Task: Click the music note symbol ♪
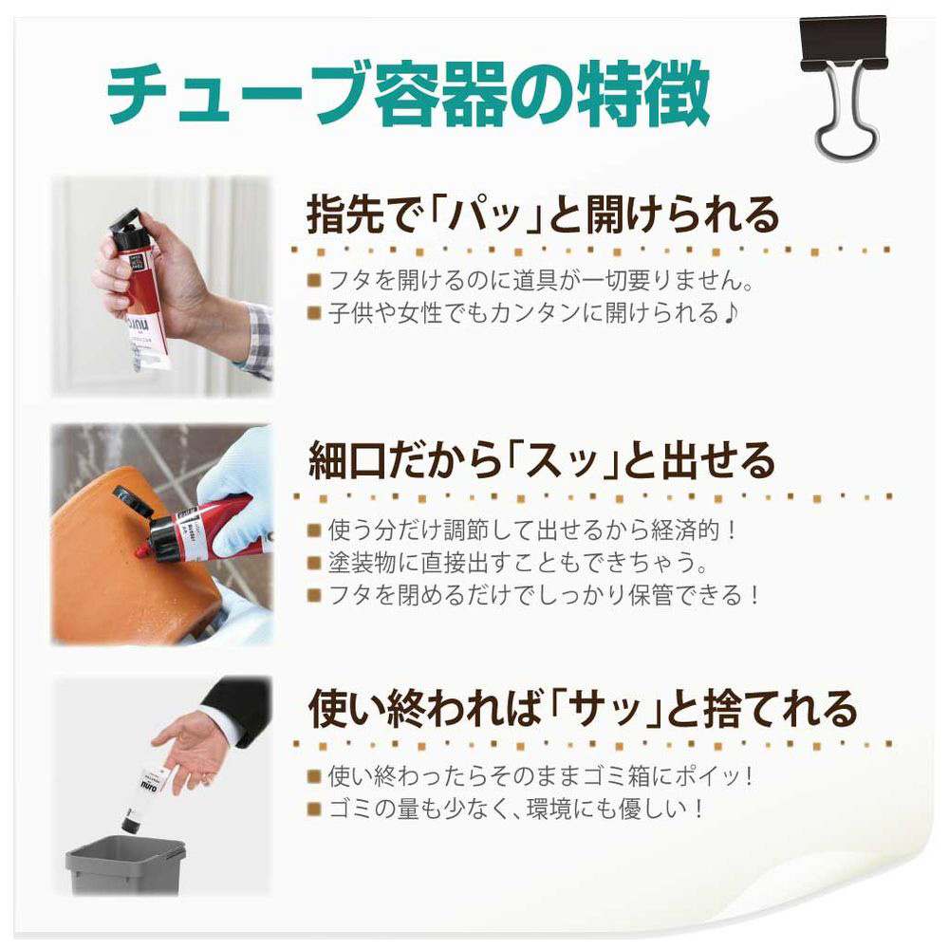pos(731,313)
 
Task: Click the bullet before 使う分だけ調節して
pos(313,530)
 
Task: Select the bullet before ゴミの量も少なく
pos(313,809)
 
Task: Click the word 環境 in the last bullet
pos(549,809)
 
